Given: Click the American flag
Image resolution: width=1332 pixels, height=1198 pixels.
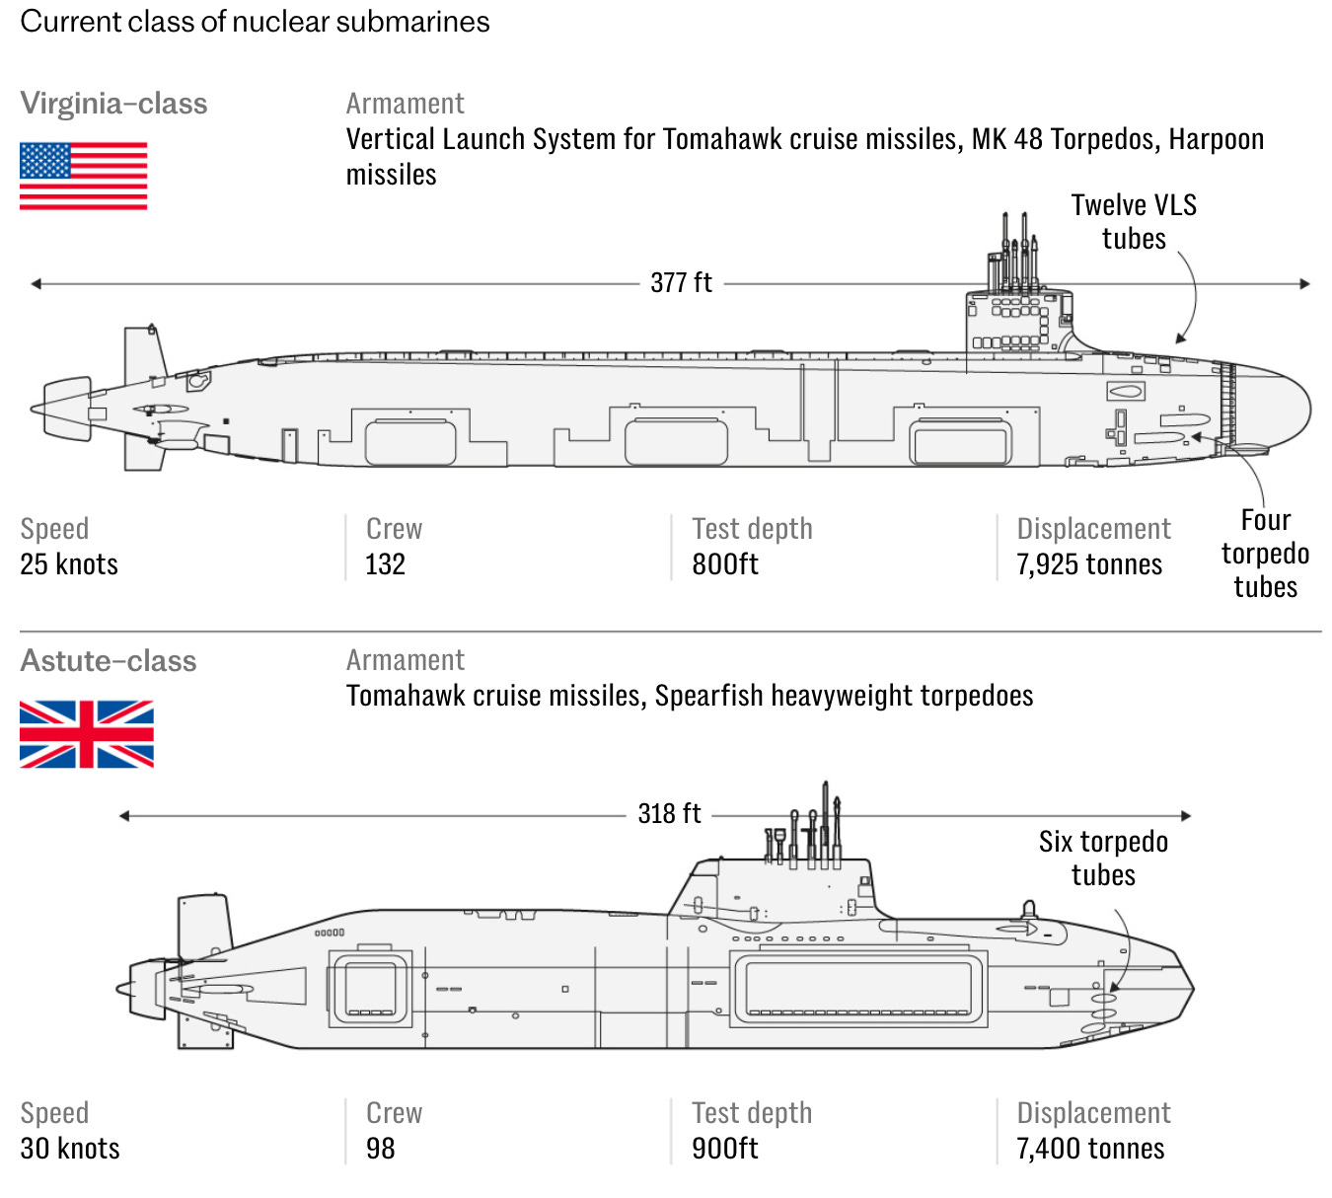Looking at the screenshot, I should pyautogui.click(x=83, y=176).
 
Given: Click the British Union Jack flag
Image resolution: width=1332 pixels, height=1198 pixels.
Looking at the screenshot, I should pyautogui.click(x=87, y=734).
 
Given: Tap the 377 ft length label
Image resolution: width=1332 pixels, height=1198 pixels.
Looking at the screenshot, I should pyautogui.click(x=681, y=283).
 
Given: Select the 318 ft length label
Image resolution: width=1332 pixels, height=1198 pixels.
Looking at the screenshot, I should pyautogui.click(x=669, y=814).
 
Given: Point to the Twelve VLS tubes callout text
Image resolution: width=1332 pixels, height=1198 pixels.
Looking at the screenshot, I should pyautogui.click(x=1134, y=222).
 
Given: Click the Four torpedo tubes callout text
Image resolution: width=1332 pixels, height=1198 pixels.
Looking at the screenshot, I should pyautogui.click(x=1265, y=554).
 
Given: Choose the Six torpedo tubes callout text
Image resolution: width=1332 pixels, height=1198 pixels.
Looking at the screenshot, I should pyautogui.click(x=1103, y=859).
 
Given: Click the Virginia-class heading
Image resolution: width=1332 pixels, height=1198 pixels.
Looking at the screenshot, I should pyautogui.click(x=113, y=104).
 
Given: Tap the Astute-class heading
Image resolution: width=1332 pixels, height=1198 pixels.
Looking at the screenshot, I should pyautogui.click(x=109, y=661).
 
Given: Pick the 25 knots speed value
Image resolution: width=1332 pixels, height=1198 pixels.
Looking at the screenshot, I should pyautogui.click(x=69, y=564).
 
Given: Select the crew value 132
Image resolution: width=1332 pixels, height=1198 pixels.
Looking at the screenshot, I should pyautogui.click(x=385, y=564).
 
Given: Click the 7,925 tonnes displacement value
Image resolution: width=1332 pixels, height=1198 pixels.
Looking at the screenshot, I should pyautogui.click(x=1089, y=564).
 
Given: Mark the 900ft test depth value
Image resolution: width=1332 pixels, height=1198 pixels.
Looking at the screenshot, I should pyautogui.click(x=725, y=1149).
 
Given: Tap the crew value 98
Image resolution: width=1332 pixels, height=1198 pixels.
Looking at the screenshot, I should pyautogui.click(x=380, y=1149).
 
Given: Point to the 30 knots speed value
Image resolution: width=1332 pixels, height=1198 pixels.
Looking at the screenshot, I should pyautogui.click(x=70, y=1149).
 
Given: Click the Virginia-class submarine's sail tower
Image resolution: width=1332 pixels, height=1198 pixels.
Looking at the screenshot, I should pyautogui.click(x=1016, y=321).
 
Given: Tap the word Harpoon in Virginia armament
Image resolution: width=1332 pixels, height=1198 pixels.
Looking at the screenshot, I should pyautogui.click(x=1216, y=139).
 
